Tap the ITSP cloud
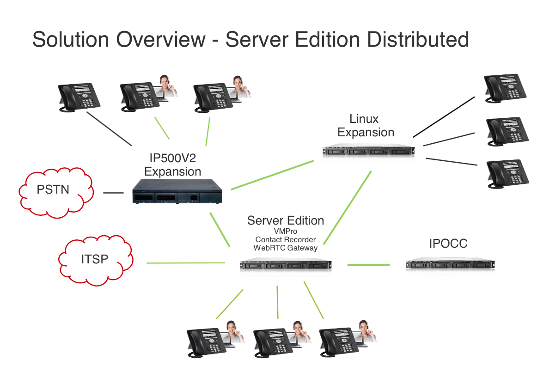[95, 261]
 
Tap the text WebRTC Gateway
[286, 248]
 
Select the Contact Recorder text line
[286, 239]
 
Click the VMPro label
[286, 231]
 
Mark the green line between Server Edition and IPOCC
[368, 265]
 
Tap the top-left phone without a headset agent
[79, 98]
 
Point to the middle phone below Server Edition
[274, 342]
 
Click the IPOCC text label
[448, 244]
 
